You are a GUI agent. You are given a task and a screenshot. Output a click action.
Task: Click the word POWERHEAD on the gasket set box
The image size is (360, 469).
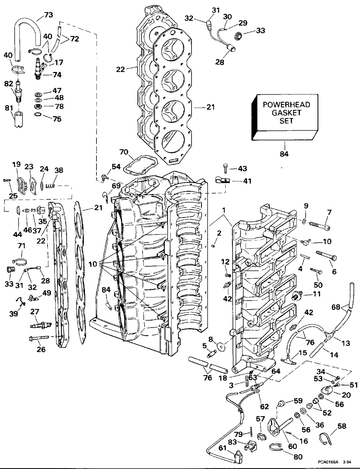(x=286, y=105)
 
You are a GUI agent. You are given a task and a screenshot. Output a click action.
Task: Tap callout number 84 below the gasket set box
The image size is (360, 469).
(x=284, y=154)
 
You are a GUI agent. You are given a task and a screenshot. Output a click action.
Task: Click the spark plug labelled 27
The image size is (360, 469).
(x=41, y=324)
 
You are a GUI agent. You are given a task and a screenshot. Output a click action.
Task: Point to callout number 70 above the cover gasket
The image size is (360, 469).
(x=124, y=152)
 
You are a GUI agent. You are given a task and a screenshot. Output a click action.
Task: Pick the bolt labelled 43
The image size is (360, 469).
(x=225, y=168)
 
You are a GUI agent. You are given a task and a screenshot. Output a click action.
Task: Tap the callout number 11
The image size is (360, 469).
(x=316, y=294)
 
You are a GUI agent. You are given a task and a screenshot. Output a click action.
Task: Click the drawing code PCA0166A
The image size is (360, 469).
(x=328, y=462)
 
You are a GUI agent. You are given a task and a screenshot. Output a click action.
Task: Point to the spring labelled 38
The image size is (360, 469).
(x=50, y=185)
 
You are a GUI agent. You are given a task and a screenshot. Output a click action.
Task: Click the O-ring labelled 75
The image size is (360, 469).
(x=38, y=114)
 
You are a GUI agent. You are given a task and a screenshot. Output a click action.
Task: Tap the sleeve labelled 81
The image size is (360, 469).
(x=19, y=119)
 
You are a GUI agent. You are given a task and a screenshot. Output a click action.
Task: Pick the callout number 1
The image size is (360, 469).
(x=224, y=209)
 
